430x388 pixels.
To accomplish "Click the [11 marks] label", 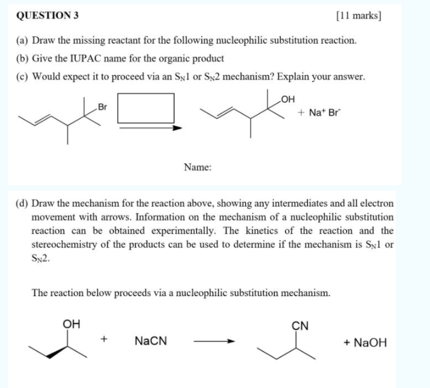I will [358, 15].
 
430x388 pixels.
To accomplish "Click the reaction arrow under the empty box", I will [151, 128].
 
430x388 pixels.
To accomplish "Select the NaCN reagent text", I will [150, 341].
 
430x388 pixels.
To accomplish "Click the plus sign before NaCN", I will [105, 340].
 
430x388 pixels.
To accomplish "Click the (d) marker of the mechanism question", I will [22, 203].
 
